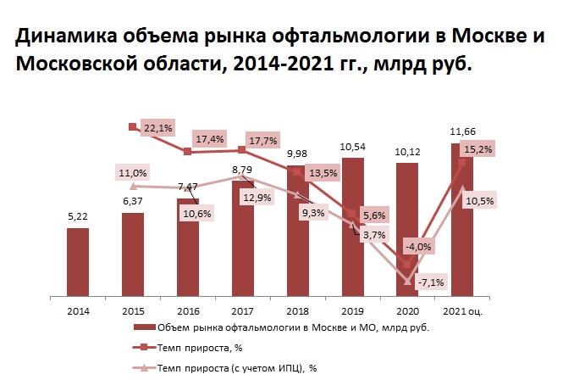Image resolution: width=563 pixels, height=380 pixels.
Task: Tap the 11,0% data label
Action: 132,173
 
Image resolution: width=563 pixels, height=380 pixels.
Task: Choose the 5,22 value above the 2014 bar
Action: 77,217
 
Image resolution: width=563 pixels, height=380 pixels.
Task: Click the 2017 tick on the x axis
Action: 243,311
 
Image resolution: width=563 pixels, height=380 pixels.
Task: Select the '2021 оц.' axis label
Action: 463,311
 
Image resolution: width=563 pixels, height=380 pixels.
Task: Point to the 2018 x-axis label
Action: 298,311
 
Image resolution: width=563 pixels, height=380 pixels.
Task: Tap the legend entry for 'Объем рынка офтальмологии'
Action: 279,328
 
